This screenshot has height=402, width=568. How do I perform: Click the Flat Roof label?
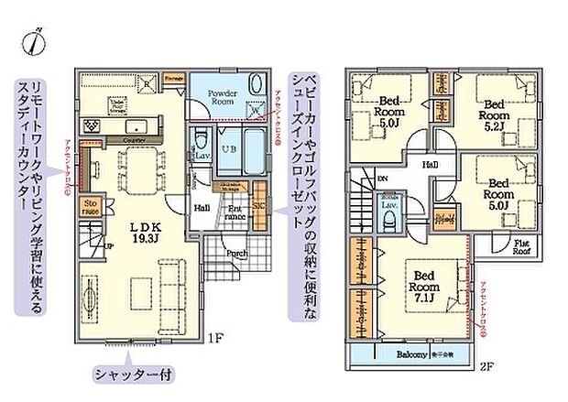point(522,245)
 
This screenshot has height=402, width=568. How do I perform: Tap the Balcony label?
point(412,354)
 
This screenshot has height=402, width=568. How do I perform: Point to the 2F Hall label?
point(429,165)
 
